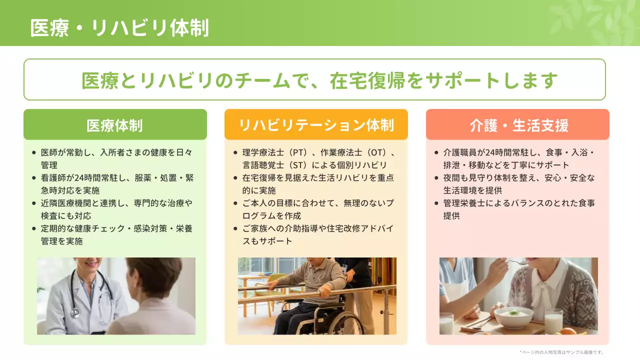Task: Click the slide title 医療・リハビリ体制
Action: [x=119, y=28]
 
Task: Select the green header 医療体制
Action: [x=115, y=125]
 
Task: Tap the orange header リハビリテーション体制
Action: [x=316, y=125]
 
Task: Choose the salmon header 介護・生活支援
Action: [x=517, y=125]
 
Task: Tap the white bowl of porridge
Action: [x=514, y=317]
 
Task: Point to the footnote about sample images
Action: [x=562, y=352]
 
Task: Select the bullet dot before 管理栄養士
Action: [x=436, y=203]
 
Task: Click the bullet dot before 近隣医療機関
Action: [x=34, y=203]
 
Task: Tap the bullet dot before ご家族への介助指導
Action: [x=235, y=229]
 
